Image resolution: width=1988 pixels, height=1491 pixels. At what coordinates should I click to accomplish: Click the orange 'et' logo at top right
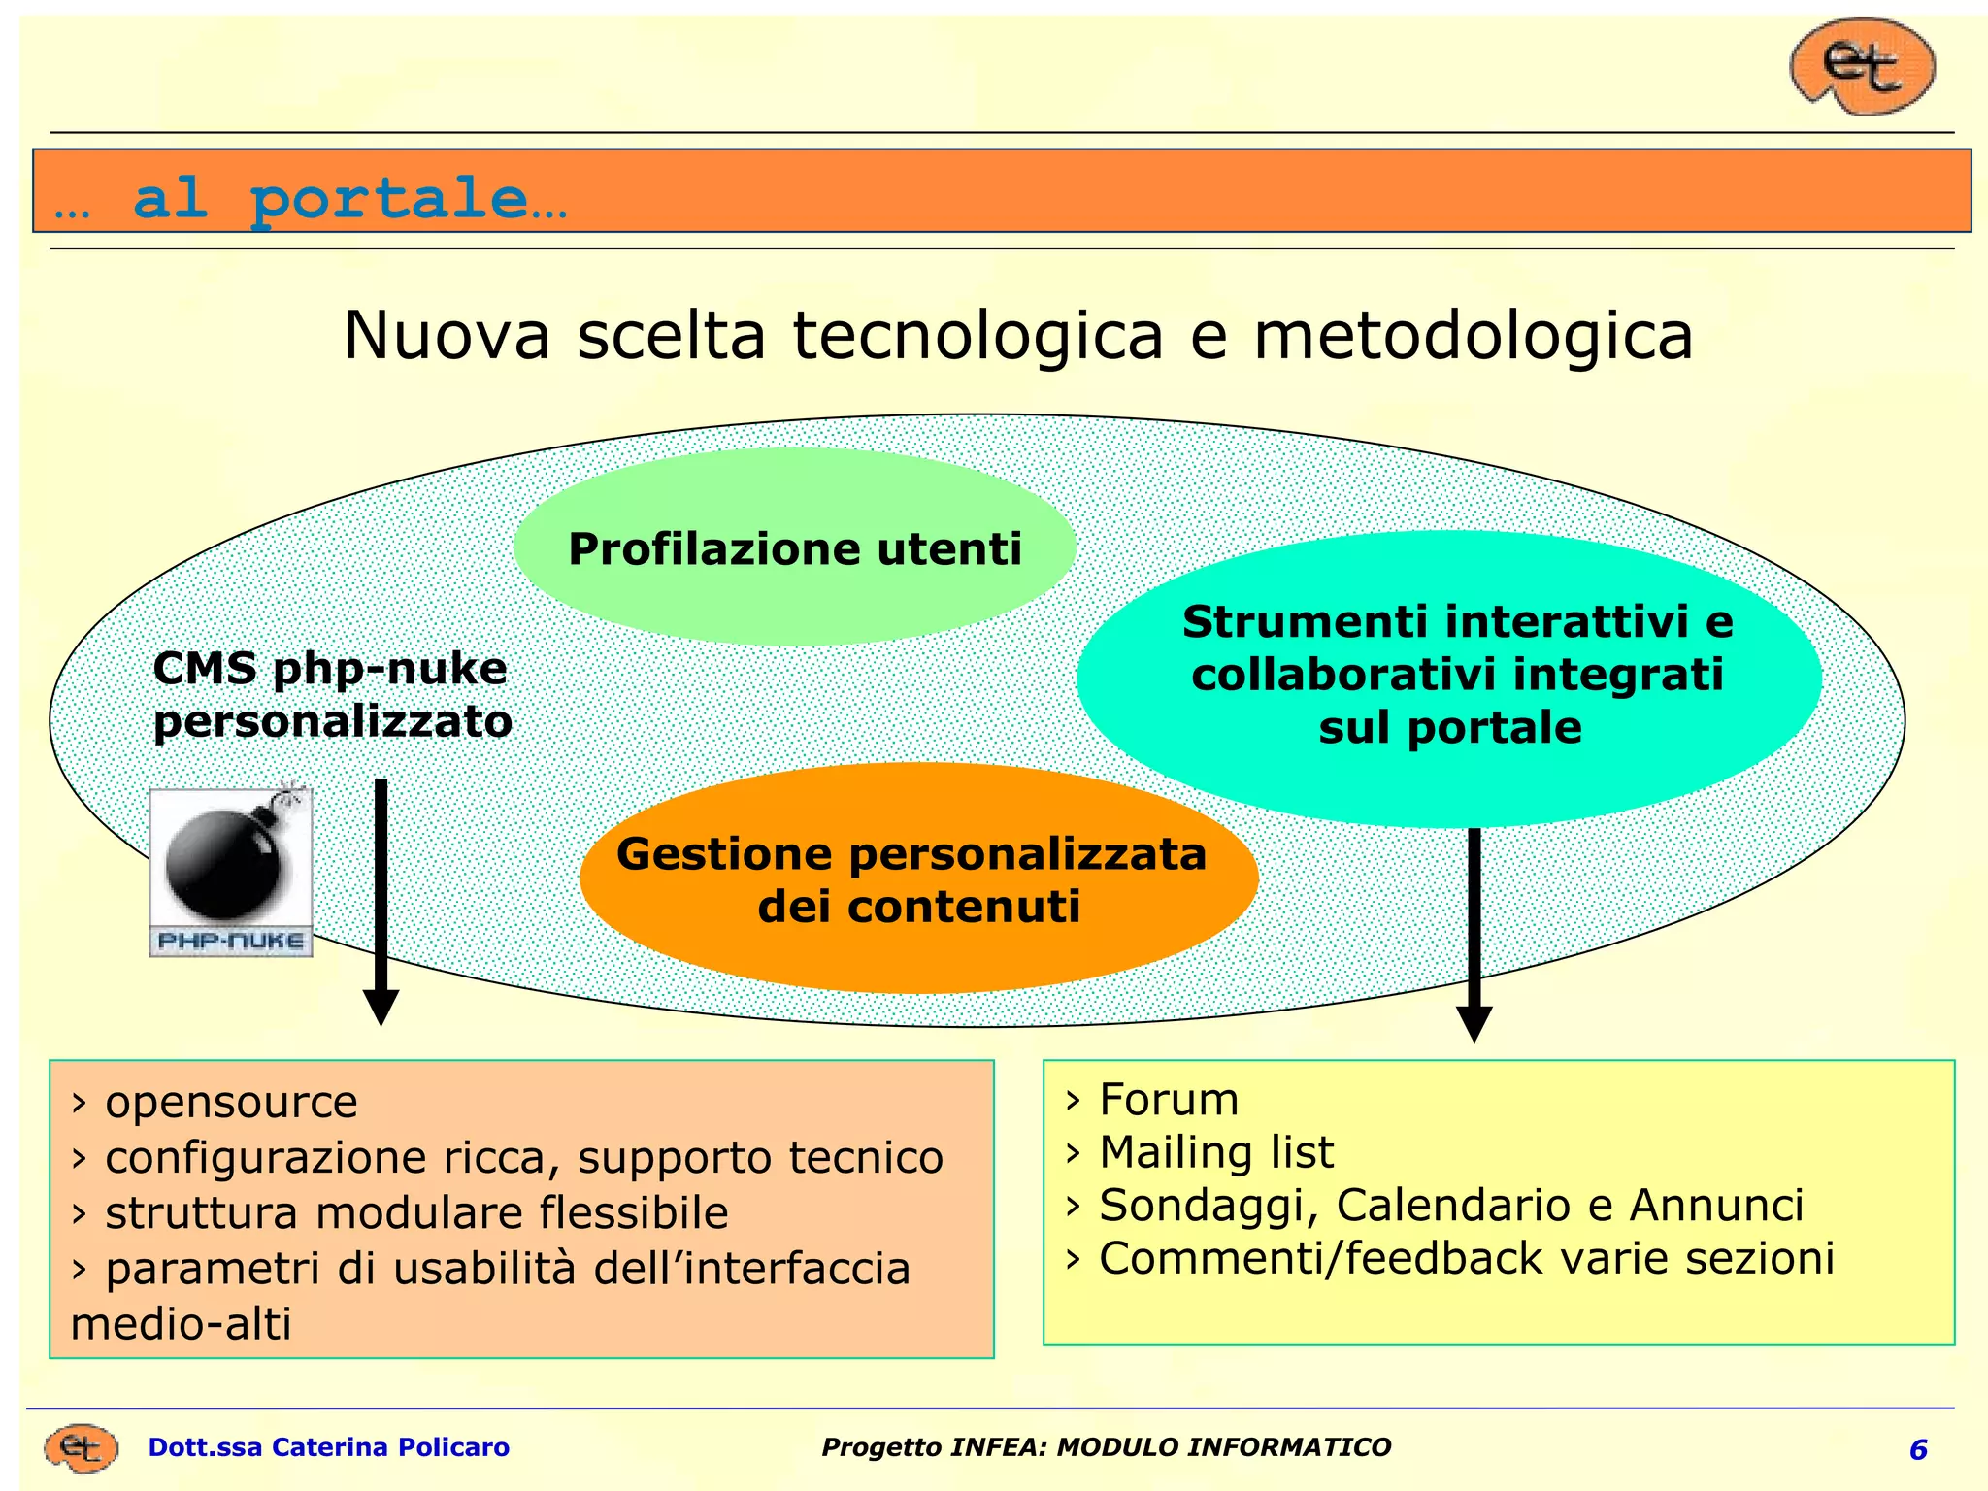point(1862,66)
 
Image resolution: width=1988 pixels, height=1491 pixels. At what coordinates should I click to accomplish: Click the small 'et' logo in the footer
point(82,1448)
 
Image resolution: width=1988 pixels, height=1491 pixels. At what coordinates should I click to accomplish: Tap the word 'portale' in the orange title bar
point(388,198)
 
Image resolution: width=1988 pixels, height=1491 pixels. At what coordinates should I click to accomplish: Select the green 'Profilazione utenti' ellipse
point(794,547)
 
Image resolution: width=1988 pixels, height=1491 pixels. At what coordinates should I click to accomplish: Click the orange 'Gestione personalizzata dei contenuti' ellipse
point(917,879)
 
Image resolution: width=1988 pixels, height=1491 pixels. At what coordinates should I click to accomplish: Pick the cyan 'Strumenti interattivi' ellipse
point(1448,676)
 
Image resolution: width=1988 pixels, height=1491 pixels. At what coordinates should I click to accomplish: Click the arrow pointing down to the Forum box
point(1474,932)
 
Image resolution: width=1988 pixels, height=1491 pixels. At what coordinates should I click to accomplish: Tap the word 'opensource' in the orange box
point(231,1102)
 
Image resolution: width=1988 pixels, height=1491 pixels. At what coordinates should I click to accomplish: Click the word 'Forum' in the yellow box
point(1169,1100)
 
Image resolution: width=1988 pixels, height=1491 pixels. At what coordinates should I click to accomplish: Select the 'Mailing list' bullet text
point(1215,1153)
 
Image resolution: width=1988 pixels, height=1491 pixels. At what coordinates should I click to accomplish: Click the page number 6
point(1918,1449)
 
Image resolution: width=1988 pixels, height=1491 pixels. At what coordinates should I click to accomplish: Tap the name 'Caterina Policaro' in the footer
point(390,1447)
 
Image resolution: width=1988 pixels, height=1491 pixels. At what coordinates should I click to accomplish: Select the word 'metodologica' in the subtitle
point(1473,336)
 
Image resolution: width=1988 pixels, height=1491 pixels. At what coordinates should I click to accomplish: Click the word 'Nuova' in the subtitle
point(447,336)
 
